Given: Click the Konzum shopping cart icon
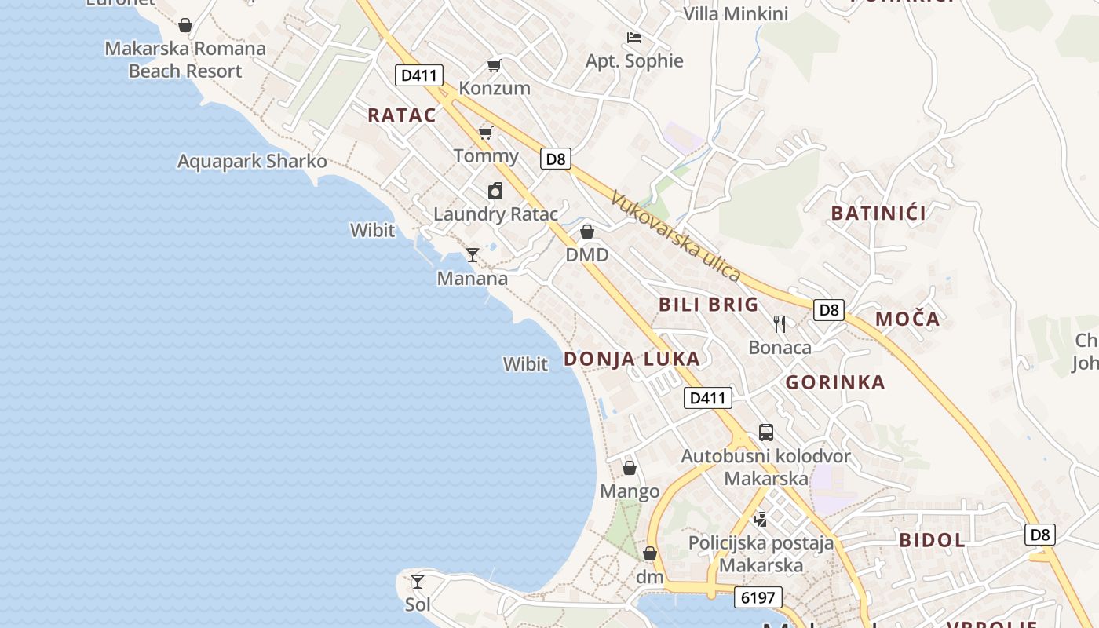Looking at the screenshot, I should point(494,65).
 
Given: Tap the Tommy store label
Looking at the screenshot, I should point(486,155).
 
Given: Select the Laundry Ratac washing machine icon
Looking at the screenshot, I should point(495,191).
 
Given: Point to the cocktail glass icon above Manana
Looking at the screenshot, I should point(473,254).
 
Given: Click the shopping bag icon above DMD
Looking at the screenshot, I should point(586,232).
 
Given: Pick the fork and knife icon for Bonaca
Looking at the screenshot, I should point(780,323).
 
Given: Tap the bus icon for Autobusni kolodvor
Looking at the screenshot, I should point(765,432).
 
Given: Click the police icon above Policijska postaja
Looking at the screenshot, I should point(760,518).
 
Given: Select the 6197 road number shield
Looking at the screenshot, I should point(758,597).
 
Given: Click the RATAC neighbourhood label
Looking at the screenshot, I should point(402,115).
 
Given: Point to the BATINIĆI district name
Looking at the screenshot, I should point(878,213).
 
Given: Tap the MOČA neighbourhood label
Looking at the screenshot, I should point(907,319).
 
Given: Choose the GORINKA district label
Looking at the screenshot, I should point(835,382).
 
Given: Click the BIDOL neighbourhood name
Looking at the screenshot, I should point(932,540).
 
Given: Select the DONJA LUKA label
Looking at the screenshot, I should point(632,359).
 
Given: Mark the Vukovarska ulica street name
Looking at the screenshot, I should point(676,237).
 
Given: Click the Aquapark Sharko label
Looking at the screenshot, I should point(252,162).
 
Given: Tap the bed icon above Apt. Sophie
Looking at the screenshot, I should point(634,37).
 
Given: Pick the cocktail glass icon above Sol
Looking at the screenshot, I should point(418,582).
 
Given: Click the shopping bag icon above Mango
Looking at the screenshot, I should point(630,468).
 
